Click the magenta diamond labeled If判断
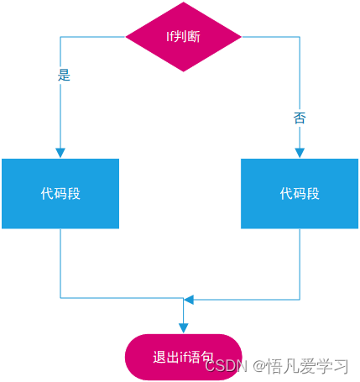tap(183, 36)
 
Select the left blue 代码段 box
tap(60, 193)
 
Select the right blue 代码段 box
tap(300, 193)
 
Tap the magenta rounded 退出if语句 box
tap(183, 357)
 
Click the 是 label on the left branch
tap(64, 75)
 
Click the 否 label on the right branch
tap(300, 118)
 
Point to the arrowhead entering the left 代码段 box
tap(60, 153)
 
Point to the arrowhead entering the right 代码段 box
tap(300, 153)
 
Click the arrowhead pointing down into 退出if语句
tap(183, 327)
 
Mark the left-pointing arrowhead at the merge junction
tap(189, 299)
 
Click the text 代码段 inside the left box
tap(60, 193)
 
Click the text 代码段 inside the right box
tap(300, 193)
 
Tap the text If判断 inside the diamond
tap(183, 36)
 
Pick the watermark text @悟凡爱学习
tap(301, 366)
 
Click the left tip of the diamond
tap(126, 36)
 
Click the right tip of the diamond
tap(241, 36)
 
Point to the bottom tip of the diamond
tap(183, 71)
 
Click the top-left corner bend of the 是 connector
tap(60, 36)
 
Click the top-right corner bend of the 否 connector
tap(300, 36)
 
